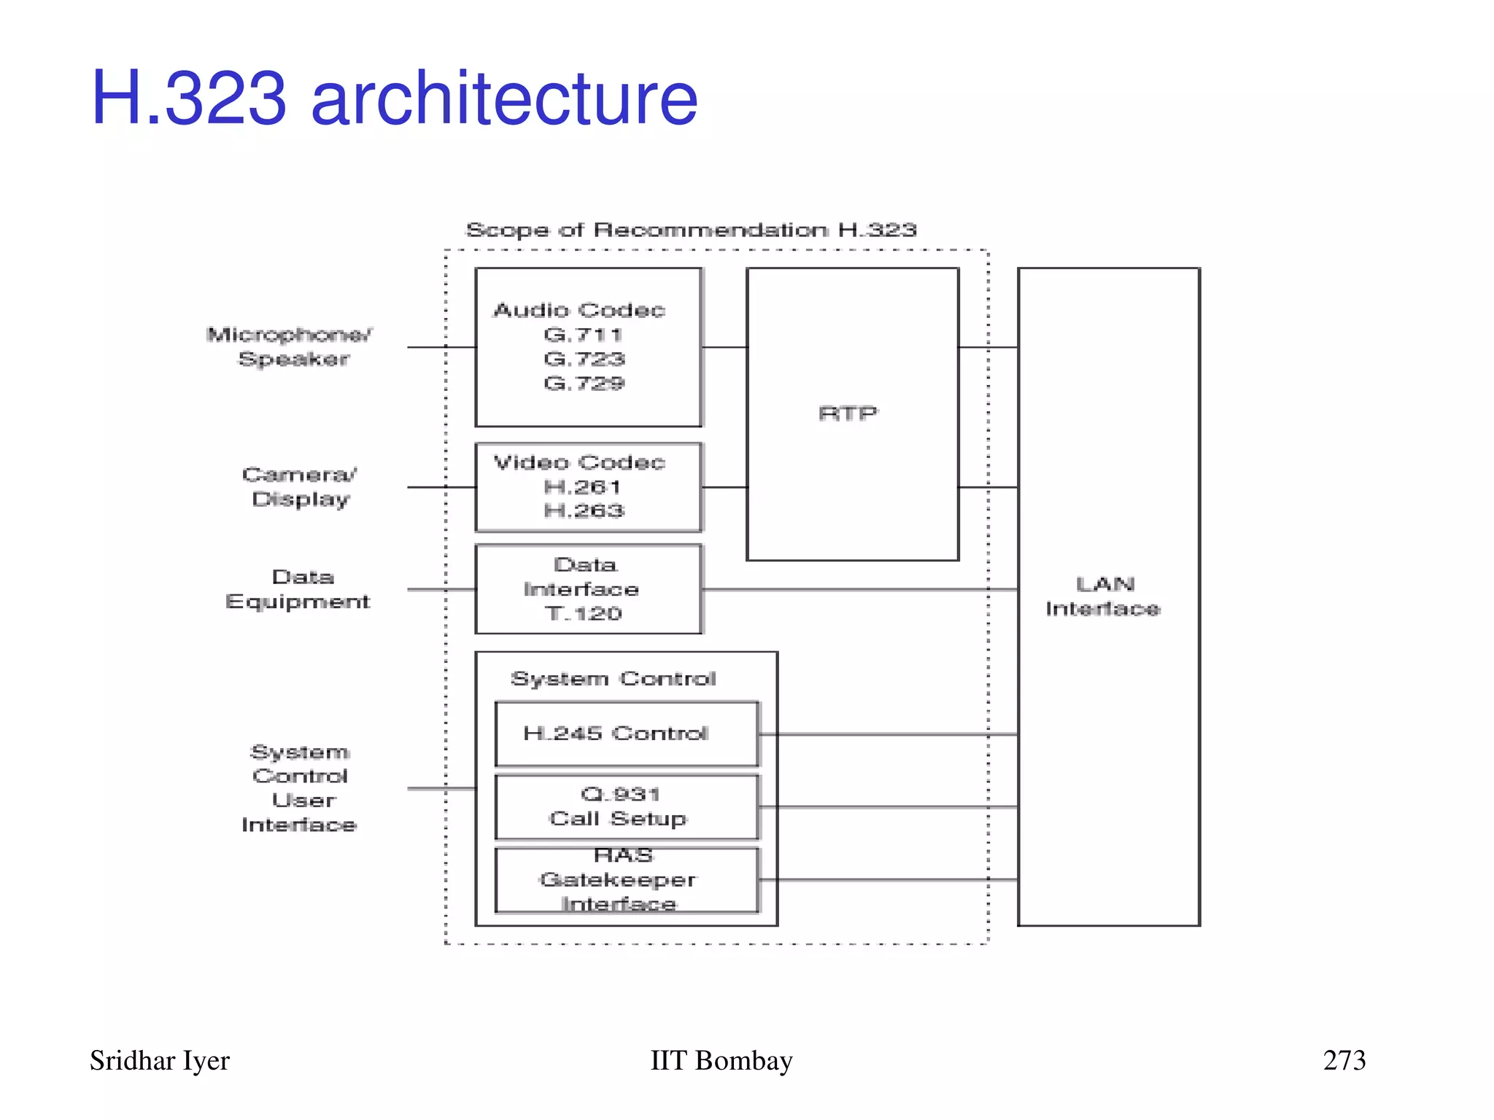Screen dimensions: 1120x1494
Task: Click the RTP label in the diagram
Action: [848, 413]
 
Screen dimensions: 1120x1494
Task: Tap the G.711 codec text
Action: [583, 335]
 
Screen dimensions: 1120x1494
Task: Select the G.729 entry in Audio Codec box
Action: [584, 383]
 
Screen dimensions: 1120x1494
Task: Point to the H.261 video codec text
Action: [582, 486]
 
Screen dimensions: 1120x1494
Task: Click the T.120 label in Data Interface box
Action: [584, 613]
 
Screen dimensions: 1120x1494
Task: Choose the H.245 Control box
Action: [626, 734]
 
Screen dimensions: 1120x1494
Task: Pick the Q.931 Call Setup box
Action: [626, 806]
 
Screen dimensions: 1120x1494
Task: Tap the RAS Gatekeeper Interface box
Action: [626, 879]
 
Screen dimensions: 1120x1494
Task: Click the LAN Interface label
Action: [1104, 596]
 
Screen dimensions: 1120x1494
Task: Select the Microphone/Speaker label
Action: [290, 346]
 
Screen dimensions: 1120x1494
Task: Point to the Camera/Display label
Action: [300, 486]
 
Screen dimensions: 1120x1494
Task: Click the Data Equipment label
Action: [298, 589]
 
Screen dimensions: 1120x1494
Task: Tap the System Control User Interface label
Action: [300, 788]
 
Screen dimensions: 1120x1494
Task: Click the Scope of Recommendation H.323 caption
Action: [691, 230]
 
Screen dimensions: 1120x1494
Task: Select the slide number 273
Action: [1344, 1060]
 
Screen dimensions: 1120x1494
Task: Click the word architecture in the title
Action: [504, 98]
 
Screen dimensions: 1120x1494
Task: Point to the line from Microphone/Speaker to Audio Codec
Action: [441, 347]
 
